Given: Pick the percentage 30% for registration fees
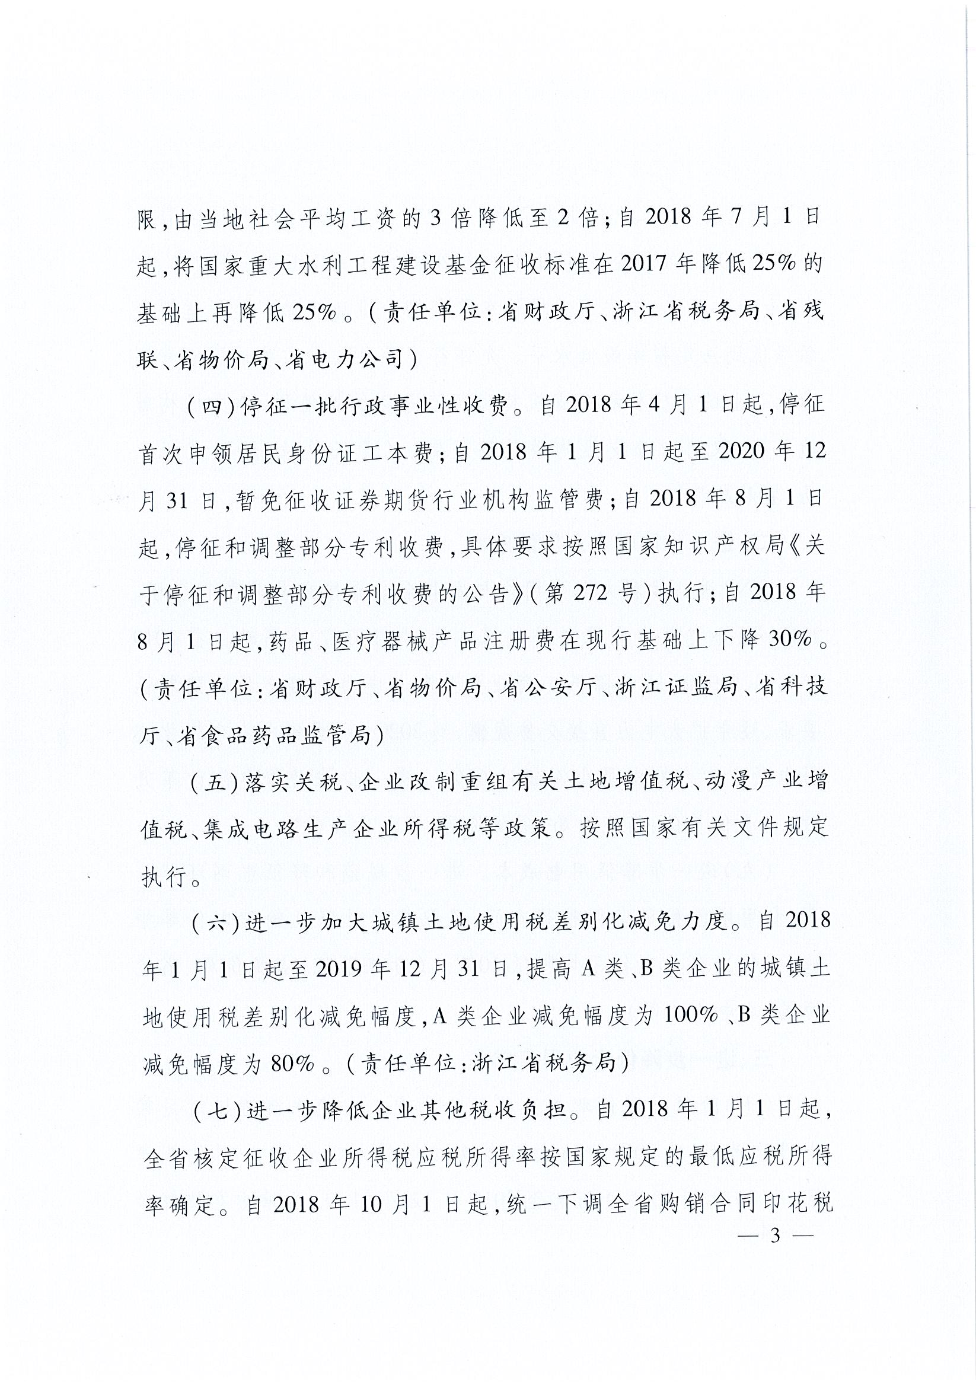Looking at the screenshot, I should (789, 640).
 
